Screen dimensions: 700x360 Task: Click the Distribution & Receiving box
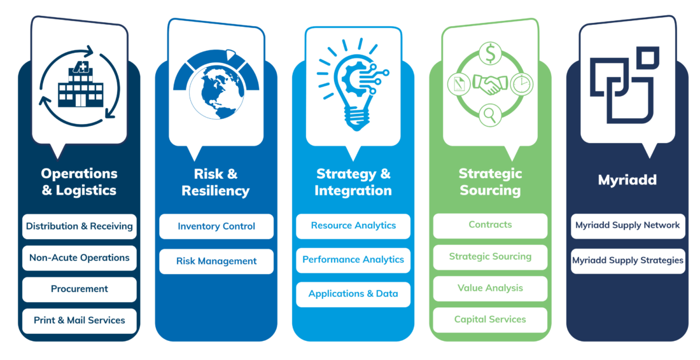pyautogui.click(x=80, y=226)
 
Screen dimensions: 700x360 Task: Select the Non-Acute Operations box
pyautogui.click(x=80, y=258)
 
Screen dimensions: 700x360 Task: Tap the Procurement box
pyautogui.click(x=80, y=289)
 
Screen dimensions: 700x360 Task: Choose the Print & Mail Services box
pyautogui.click(x=80, y=321)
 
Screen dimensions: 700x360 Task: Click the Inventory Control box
pyautogui.click(x=216, y=226)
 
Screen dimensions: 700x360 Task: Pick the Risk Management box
pyautogui.click(x=216, y=261)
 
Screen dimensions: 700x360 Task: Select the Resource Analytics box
pyautogui.click(x=353, y=226)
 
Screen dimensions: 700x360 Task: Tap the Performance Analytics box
pyautogui.click(x=353, y=260)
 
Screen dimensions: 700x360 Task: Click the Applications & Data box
pyautogui.click(x=353, y=294)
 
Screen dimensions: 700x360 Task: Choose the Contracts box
pyautogui.click(x=490, y=225)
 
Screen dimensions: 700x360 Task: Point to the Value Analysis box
pyautogui.click(x=490, y=288)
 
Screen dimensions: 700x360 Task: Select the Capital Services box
pyautogui.click(x=490, y=319)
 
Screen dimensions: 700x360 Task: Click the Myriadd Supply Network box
pyautogui.click(x=627, y=226)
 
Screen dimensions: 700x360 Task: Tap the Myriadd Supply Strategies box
pyautogui.click(x=627, y=261)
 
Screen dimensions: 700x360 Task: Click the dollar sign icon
pyautogui.click(x=490, y=53)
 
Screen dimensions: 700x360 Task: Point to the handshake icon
pyautogui.click(x=490, y=85)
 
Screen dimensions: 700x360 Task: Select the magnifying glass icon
pyautogui.click(x=490, y=114)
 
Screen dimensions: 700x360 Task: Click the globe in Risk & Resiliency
pyautogui.click(x=216, y=92)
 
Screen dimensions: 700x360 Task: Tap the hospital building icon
pyautogui.click(x=81, y=85)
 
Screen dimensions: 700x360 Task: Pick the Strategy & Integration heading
pyautogui.click(x=353, y=182)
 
